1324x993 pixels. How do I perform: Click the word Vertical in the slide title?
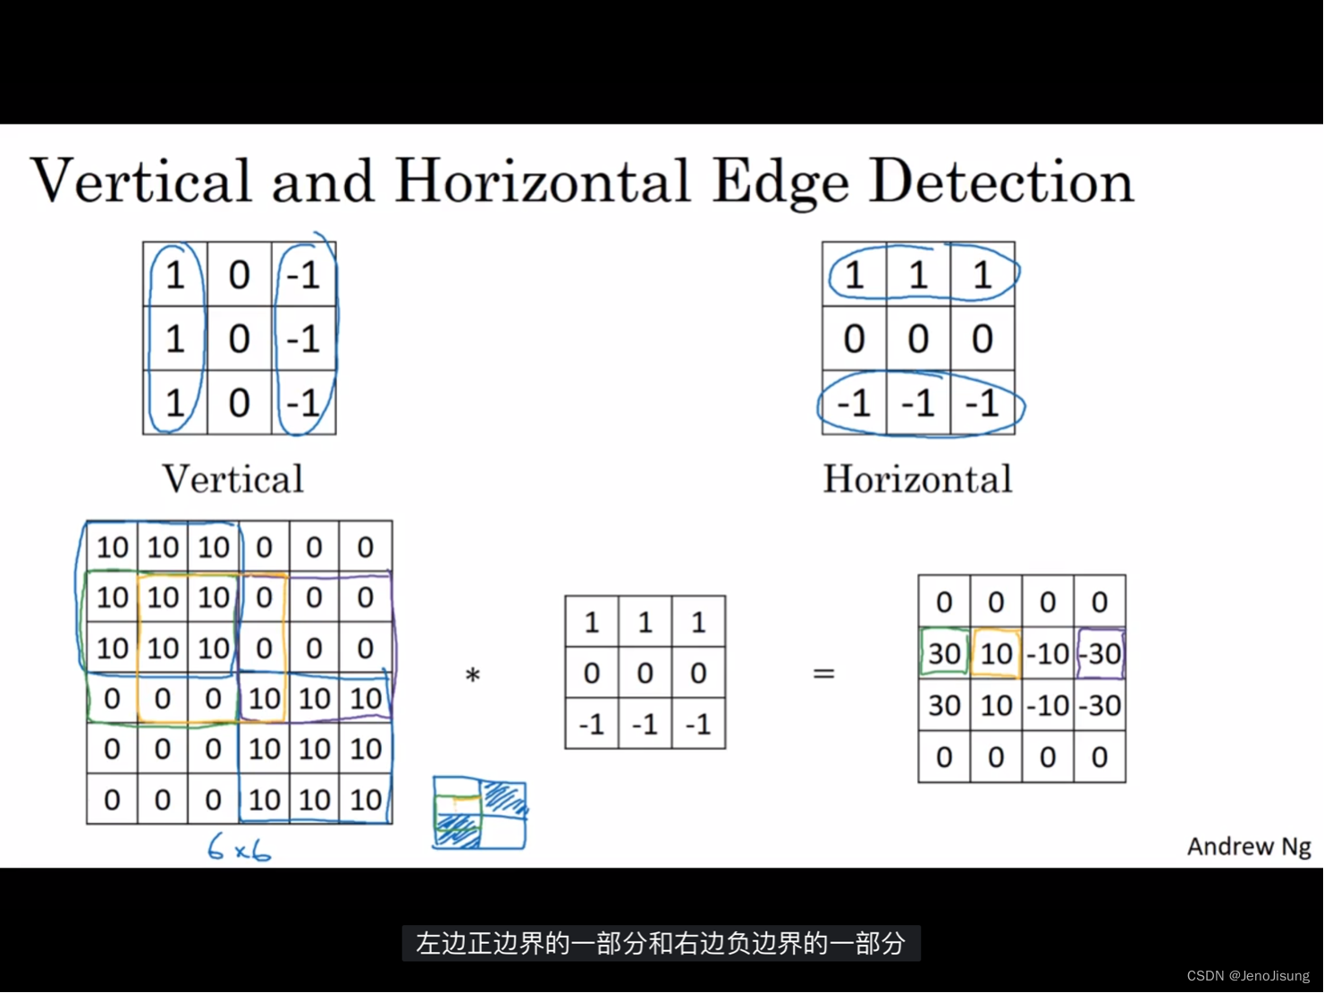tap(141, 181)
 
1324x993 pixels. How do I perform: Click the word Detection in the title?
tap(1001, 181)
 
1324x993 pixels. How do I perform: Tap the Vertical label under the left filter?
tap(232, 479)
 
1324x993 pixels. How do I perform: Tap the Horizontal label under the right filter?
tap(917, 479)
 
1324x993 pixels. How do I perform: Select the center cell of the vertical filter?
tap(239, 339)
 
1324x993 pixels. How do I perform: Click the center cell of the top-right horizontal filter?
tap(918, 339)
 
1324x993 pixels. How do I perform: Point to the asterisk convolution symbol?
tap(473, 676)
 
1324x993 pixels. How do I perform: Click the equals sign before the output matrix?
tap(823, 673)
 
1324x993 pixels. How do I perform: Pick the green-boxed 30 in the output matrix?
tap(944, 653)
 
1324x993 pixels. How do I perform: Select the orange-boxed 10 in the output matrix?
tap(996, 653)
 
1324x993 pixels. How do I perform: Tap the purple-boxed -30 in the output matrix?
tap(1101, 653)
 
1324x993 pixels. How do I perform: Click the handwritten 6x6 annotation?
tap(239, 847)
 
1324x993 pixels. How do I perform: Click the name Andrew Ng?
tap(1248, 846)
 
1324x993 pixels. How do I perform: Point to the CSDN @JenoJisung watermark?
tap(1248, 975)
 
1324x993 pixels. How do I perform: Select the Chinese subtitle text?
tap(661, 943)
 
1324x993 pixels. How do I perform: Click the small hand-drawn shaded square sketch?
tap(479, 812)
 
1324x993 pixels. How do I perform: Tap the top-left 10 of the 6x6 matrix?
tap(113, 547)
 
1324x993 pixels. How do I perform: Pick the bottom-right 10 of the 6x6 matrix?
tap(366, 799)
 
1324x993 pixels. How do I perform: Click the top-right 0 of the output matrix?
tap(1100, 602)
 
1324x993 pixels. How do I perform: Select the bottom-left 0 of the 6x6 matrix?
tap(112, 799)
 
